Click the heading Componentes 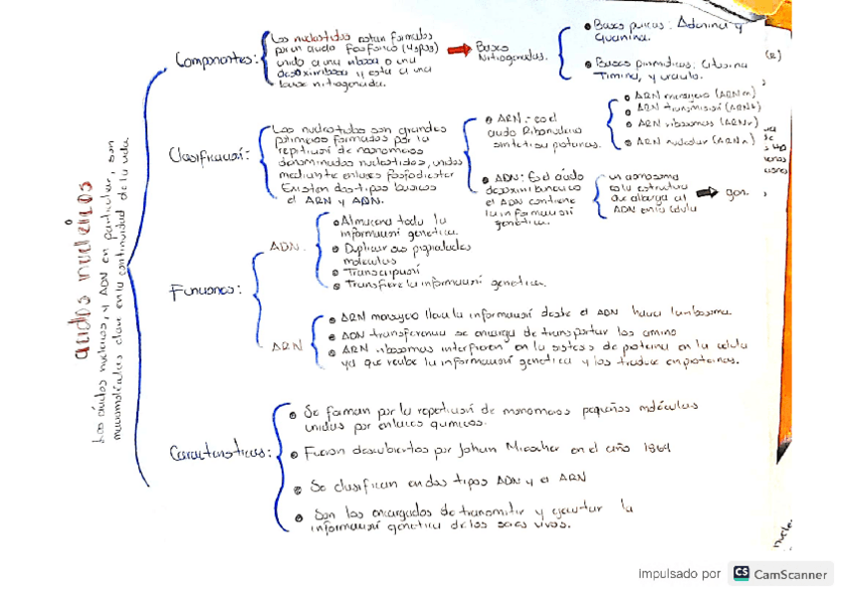215,60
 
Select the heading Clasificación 207,156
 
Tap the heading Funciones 205,291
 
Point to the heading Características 220,454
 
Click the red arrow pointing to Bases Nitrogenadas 459,49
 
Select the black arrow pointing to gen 707,192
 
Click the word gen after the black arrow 738,192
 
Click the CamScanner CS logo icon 740,573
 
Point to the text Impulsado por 679,574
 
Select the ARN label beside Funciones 288,345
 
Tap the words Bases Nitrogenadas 512,52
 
